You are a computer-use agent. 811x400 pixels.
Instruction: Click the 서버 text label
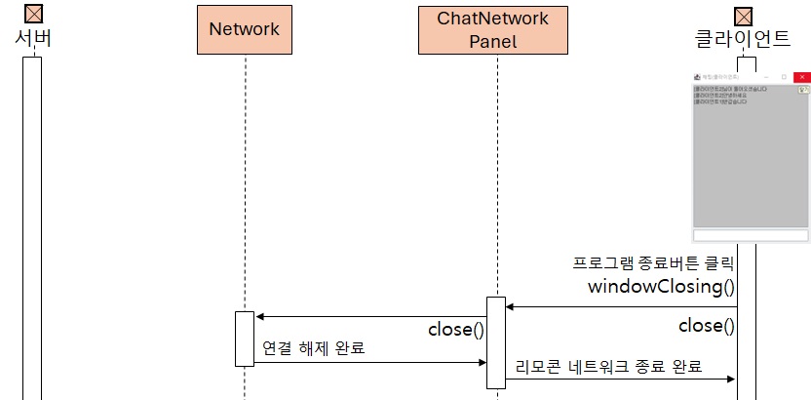pyautogui.click(x=33, y=38)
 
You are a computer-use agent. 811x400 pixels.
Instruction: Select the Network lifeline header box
pyautogui.click(x=244, y=29)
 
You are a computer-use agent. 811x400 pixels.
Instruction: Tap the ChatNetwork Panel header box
pyautogui.click(x=493, y=29)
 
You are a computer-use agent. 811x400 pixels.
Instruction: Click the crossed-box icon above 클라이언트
pyautogui.click(x=744, y=16)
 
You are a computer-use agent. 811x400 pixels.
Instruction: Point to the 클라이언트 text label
pyautogui.click(x=743, y=38)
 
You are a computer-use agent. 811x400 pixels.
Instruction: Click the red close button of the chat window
pyautogui.click(x=801, y=75)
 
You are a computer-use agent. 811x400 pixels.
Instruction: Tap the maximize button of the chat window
pyautogui.click(x=784, y=75)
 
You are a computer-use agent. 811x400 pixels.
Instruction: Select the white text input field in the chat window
pyautogui.click(x=751, y=235)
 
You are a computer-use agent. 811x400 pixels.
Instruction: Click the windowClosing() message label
pyautogui.click(x=661, y=287)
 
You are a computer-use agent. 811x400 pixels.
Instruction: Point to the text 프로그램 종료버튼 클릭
pyautogui.click(x=653, y=263)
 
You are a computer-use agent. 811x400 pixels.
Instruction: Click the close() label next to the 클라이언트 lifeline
pyautogui.click(x=706, y=326)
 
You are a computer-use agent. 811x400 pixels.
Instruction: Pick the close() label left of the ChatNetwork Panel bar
pyautogui.click(x=455, y=330)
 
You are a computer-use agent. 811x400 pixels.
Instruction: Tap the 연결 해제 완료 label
pyautogui.click(x=313, y=347)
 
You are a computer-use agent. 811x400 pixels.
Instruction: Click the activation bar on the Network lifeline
pyautogui.click(x=244, y=339)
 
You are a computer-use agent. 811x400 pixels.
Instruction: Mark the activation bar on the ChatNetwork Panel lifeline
pyautogui.click(x=495, y=341)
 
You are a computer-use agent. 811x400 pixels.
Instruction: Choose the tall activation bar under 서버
pyautogui.click(x=32, y=224)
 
